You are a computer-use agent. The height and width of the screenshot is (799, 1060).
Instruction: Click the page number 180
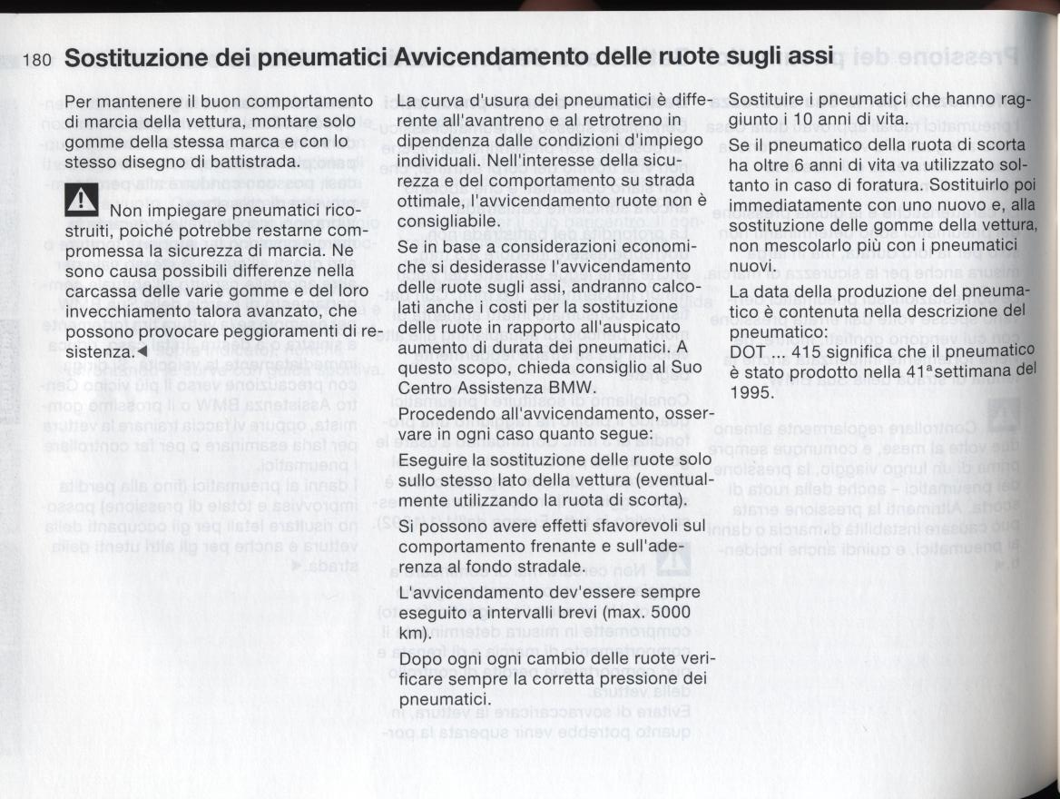36,61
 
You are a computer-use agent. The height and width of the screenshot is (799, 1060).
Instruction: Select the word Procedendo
444,414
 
